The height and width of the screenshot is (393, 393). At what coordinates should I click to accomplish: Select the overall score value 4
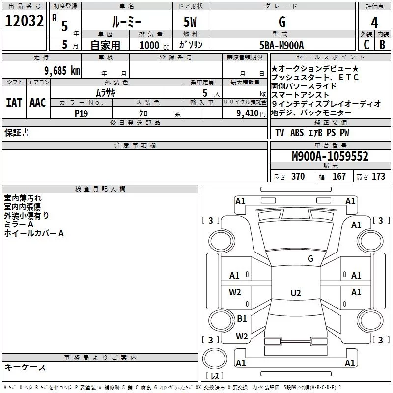[374, 22]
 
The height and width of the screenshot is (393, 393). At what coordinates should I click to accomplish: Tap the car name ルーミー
[127, 22]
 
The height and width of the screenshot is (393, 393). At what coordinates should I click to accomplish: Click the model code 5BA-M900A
[281, 45]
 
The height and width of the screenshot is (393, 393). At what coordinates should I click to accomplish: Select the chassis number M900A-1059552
[330, 156]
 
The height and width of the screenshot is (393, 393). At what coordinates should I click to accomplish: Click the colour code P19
[81, 112]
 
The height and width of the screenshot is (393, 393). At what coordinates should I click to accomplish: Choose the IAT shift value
[14, 102]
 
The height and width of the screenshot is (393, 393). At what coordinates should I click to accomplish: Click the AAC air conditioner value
[37, 102]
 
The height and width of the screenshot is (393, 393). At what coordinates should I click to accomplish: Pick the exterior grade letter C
[366, 45]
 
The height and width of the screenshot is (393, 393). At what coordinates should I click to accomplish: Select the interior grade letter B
[382, 45]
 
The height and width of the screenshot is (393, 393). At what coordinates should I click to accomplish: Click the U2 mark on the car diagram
[295, 293]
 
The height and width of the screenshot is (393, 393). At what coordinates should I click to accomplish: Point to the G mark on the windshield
[310, 259]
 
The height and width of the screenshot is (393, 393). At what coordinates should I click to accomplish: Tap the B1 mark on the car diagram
[242, 319]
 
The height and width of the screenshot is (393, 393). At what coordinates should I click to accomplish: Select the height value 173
[378, 177]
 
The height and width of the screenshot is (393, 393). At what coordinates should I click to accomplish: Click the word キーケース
[25, 367]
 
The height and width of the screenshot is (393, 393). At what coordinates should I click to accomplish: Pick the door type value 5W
[191, 22]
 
